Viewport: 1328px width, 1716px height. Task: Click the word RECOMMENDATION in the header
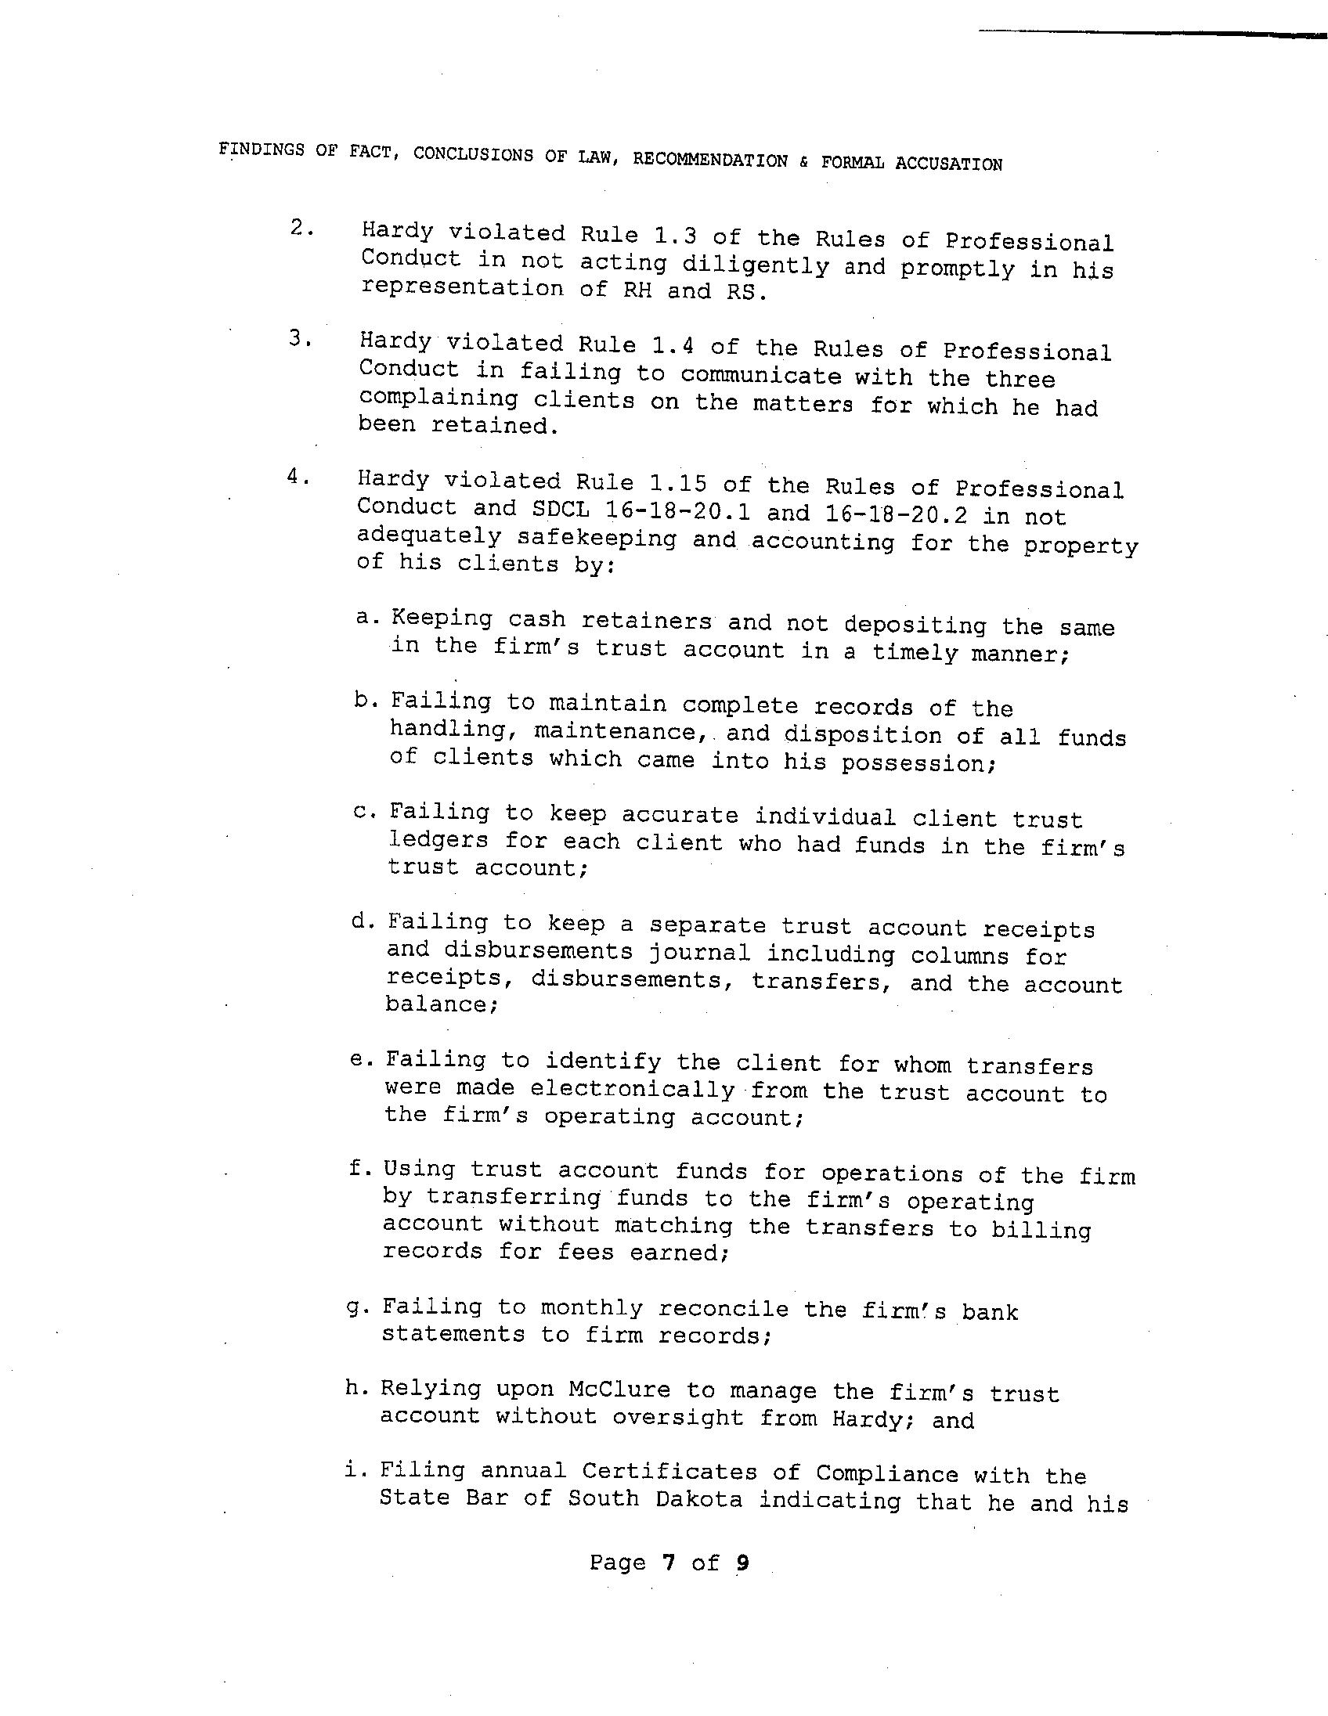(709, 160)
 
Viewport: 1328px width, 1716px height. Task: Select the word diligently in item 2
(755, 265)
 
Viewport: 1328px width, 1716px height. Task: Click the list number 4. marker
(297, 477)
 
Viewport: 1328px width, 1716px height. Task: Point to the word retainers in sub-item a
(646, 622)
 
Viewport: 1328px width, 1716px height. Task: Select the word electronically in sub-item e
(632, 1090)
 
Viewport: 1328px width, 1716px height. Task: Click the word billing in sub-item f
(1041, 1229)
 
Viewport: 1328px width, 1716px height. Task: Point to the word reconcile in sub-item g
(723, 1310)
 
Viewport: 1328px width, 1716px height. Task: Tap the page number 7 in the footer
(669, 1563)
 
